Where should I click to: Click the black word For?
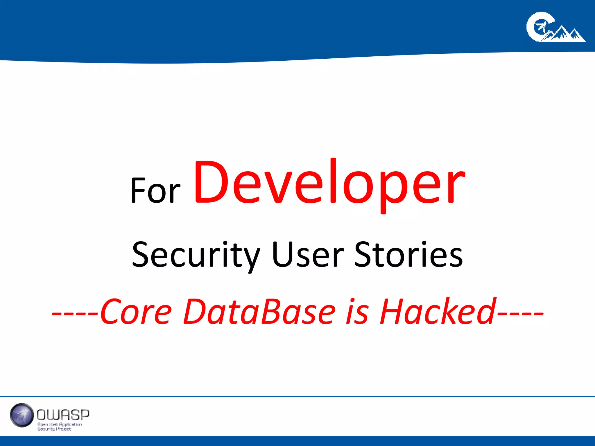pos(155,190)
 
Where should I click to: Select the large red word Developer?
pos(329,183)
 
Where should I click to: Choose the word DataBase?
pos(259,311)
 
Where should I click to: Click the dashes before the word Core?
pos(76,314)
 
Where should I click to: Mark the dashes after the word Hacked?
pos(520,314)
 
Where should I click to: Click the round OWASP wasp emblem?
pos(22,415)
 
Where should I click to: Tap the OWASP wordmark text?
pos(63,415)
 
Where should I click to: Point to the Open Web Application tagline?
pos(60,424)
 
